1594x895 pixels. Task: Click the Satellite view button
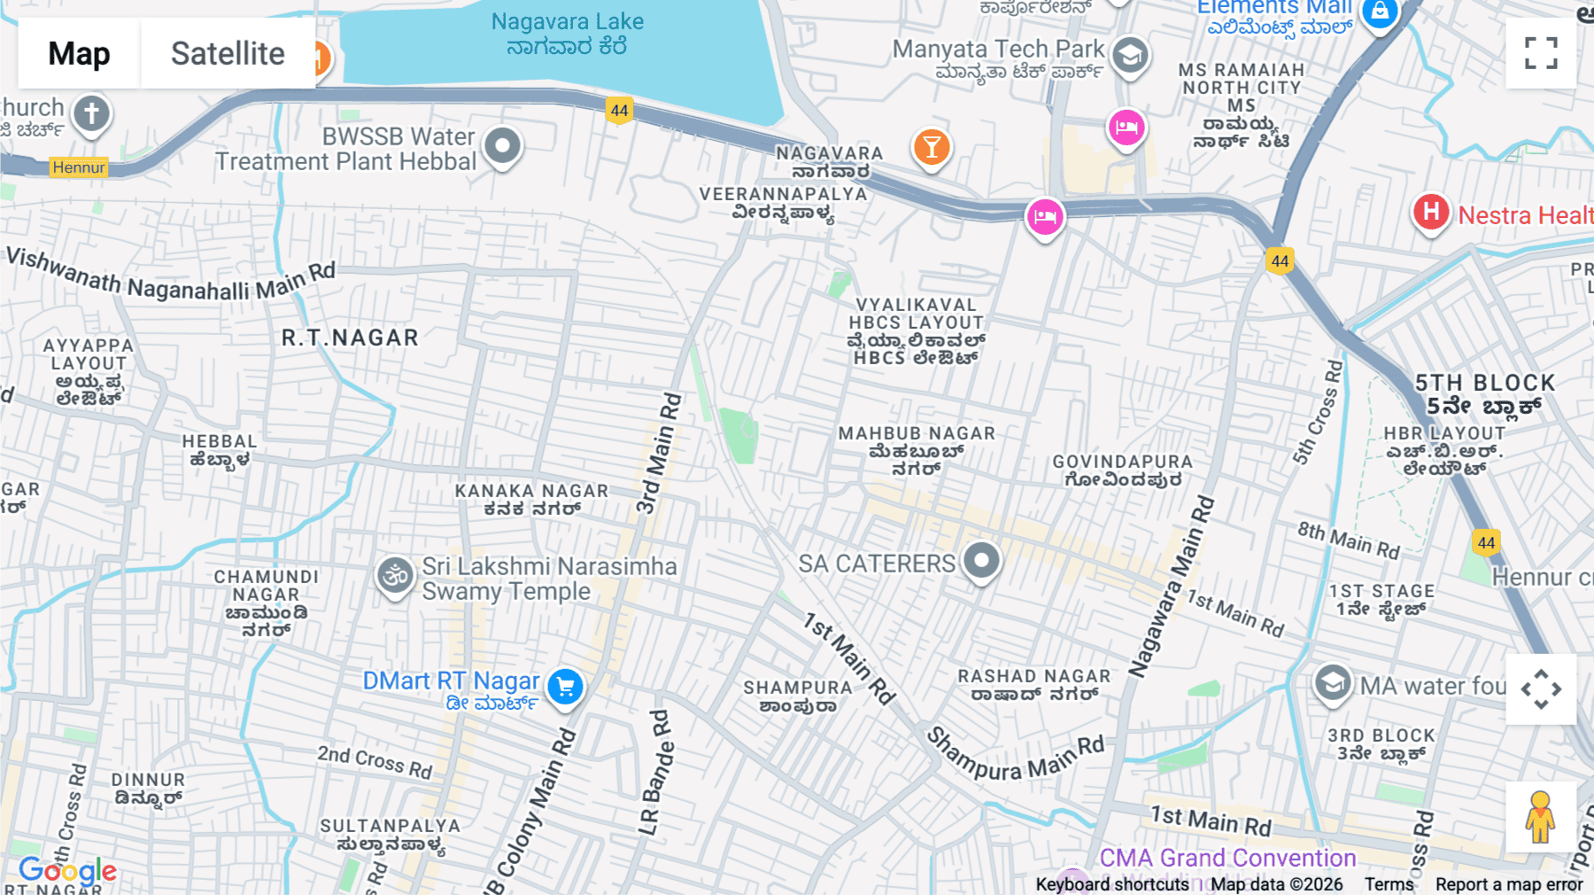228,54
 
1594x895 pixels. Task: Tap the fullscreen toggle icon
1541,53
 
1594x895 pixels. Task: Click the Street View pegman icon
1540,817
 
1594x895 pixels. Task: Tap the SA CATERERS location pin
981,560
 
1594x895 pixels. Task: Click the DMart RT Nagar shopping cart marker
565,686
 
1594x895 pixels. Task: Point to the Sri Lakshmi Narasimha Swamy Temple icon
395,576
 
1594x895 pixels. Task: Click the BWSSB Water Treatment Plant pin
503,144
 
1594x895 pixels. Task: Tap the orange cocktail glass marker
932,146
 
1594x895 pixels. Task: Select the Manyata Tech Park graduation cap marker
1130,55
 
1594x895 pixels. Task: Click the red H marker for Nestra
1431,212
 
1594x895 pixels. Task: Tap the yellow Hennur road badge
79,167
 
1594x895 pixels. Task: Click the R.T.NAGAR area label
350,338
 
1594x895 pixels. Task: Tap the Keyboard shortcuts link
1112,884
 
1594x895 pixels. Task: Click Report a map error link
1509,884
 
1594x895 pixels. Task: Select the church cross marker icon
91,113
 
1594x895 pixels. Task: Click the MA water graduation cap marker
1332,683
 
